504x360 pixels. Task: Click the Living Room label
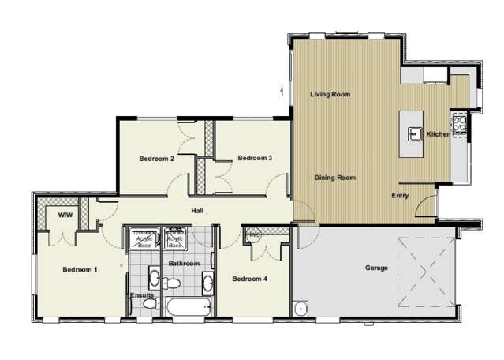coord(330,94)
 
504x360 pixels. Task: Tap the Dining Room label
coord(334,178)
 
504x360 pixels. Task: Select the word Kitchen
coord(438,135)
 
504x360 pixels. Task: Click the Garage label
coord(375,268)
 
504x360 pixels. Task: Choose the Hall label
coord(199,210)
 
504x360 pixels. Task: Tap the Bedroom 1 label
coord(80,270)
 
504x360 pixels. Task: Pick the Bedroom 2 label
coord(156,159)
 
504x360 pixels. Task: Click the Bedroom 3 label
coord(255,159)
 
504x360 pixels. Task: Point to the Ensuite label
coord(142,295)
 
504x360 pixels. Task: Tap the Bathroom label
coord(184,263)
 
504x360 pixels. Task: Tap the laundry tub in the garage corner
coord(301,309)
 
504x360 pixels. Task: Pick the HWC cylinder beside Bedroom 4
coord(254,236)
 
